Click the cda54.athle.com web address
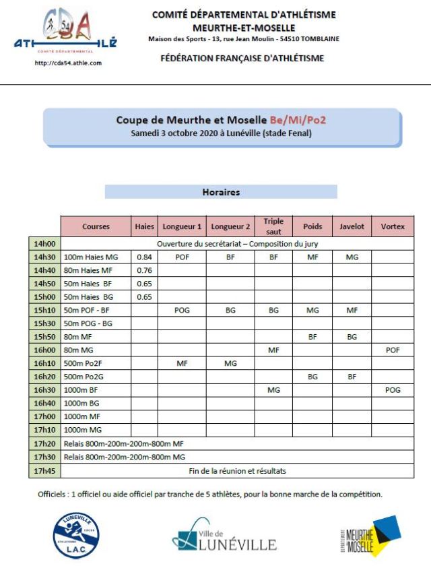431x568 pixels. pyautogui.click(x=67, y=63)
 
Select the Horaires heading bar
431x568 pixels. pyautogui.click(x=221, y=192)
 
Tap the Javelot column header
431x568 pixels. pyautogui.click(x=352, y=226)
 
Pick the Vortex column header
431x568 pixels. pyautogui.click(x=393, y=226)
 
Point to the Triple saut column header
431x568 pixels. pyautogui.click(x=273, y=226)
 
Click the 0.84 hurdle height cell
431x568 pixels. pyautogui.click(x=144, y=257)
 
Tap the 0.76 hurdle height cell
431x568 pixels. pyautogui.click(x=144, y=270)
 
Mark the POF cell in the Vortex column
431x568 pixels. pyautogui.click(x=393, y=350)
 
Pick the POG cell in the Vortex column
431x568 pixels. pyautogui.click(x=393, y=390)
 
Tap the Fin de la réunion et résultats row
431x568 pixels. pyautogui.click(x=237, y=471)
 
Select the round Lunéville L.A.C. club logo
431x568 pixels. pyautogui.click(x=78, y=536)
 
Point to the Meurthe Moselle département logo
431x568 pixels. pyautogui.click(x=369, y=536)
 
